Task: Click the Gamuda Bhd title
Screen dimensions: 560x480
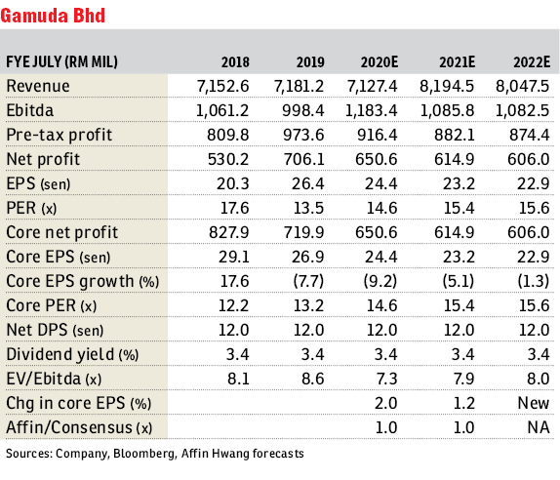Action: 53,16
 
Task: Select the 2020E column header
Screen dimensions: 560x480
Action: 379,62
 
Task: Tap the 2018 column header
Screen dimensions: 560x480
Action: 235,62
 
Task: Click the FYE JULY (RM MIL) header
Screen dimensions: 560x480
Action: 61,62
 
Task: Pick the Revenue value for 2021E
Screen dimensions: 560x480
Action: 447,86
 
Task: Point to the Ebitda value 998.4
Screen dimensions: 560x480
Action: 302,110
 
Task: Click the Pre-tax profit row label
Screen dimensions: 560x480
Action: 59,135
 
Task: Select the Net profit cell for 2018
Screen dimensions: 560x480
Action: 228,159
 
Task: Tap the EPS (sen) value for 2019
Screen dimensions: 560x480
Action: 308,183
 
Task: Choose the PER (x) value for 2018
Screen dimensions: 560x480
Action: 234,208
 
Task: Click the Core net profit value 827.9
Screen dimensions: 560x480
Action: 228,232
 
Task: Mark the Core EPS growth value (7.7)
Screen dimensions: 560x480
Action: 308,281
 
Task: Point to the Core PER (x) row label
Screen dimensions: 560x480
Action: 52,305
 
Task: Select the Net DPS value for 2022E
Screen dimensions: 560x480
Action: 534,330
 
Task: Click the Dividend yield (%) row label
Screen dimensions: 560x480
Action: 72,354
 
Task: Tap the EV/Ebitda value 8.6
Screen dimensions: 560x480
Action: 313,379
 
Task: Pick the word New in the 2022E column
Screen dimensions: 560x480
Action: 534,403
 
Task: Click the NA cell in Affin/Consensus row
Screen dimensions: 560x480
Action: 539,427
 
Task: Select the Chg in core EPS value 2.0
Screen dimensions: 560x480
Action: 385,403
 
